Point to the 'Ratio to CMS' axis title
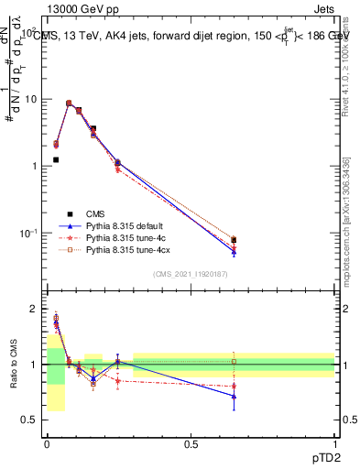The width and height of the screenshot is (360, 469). point(12,365)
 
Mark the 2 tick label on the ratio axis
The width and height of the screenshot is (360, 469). point(34,310)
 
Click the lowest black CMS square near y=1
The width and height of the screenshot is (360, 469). point(56,159)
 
